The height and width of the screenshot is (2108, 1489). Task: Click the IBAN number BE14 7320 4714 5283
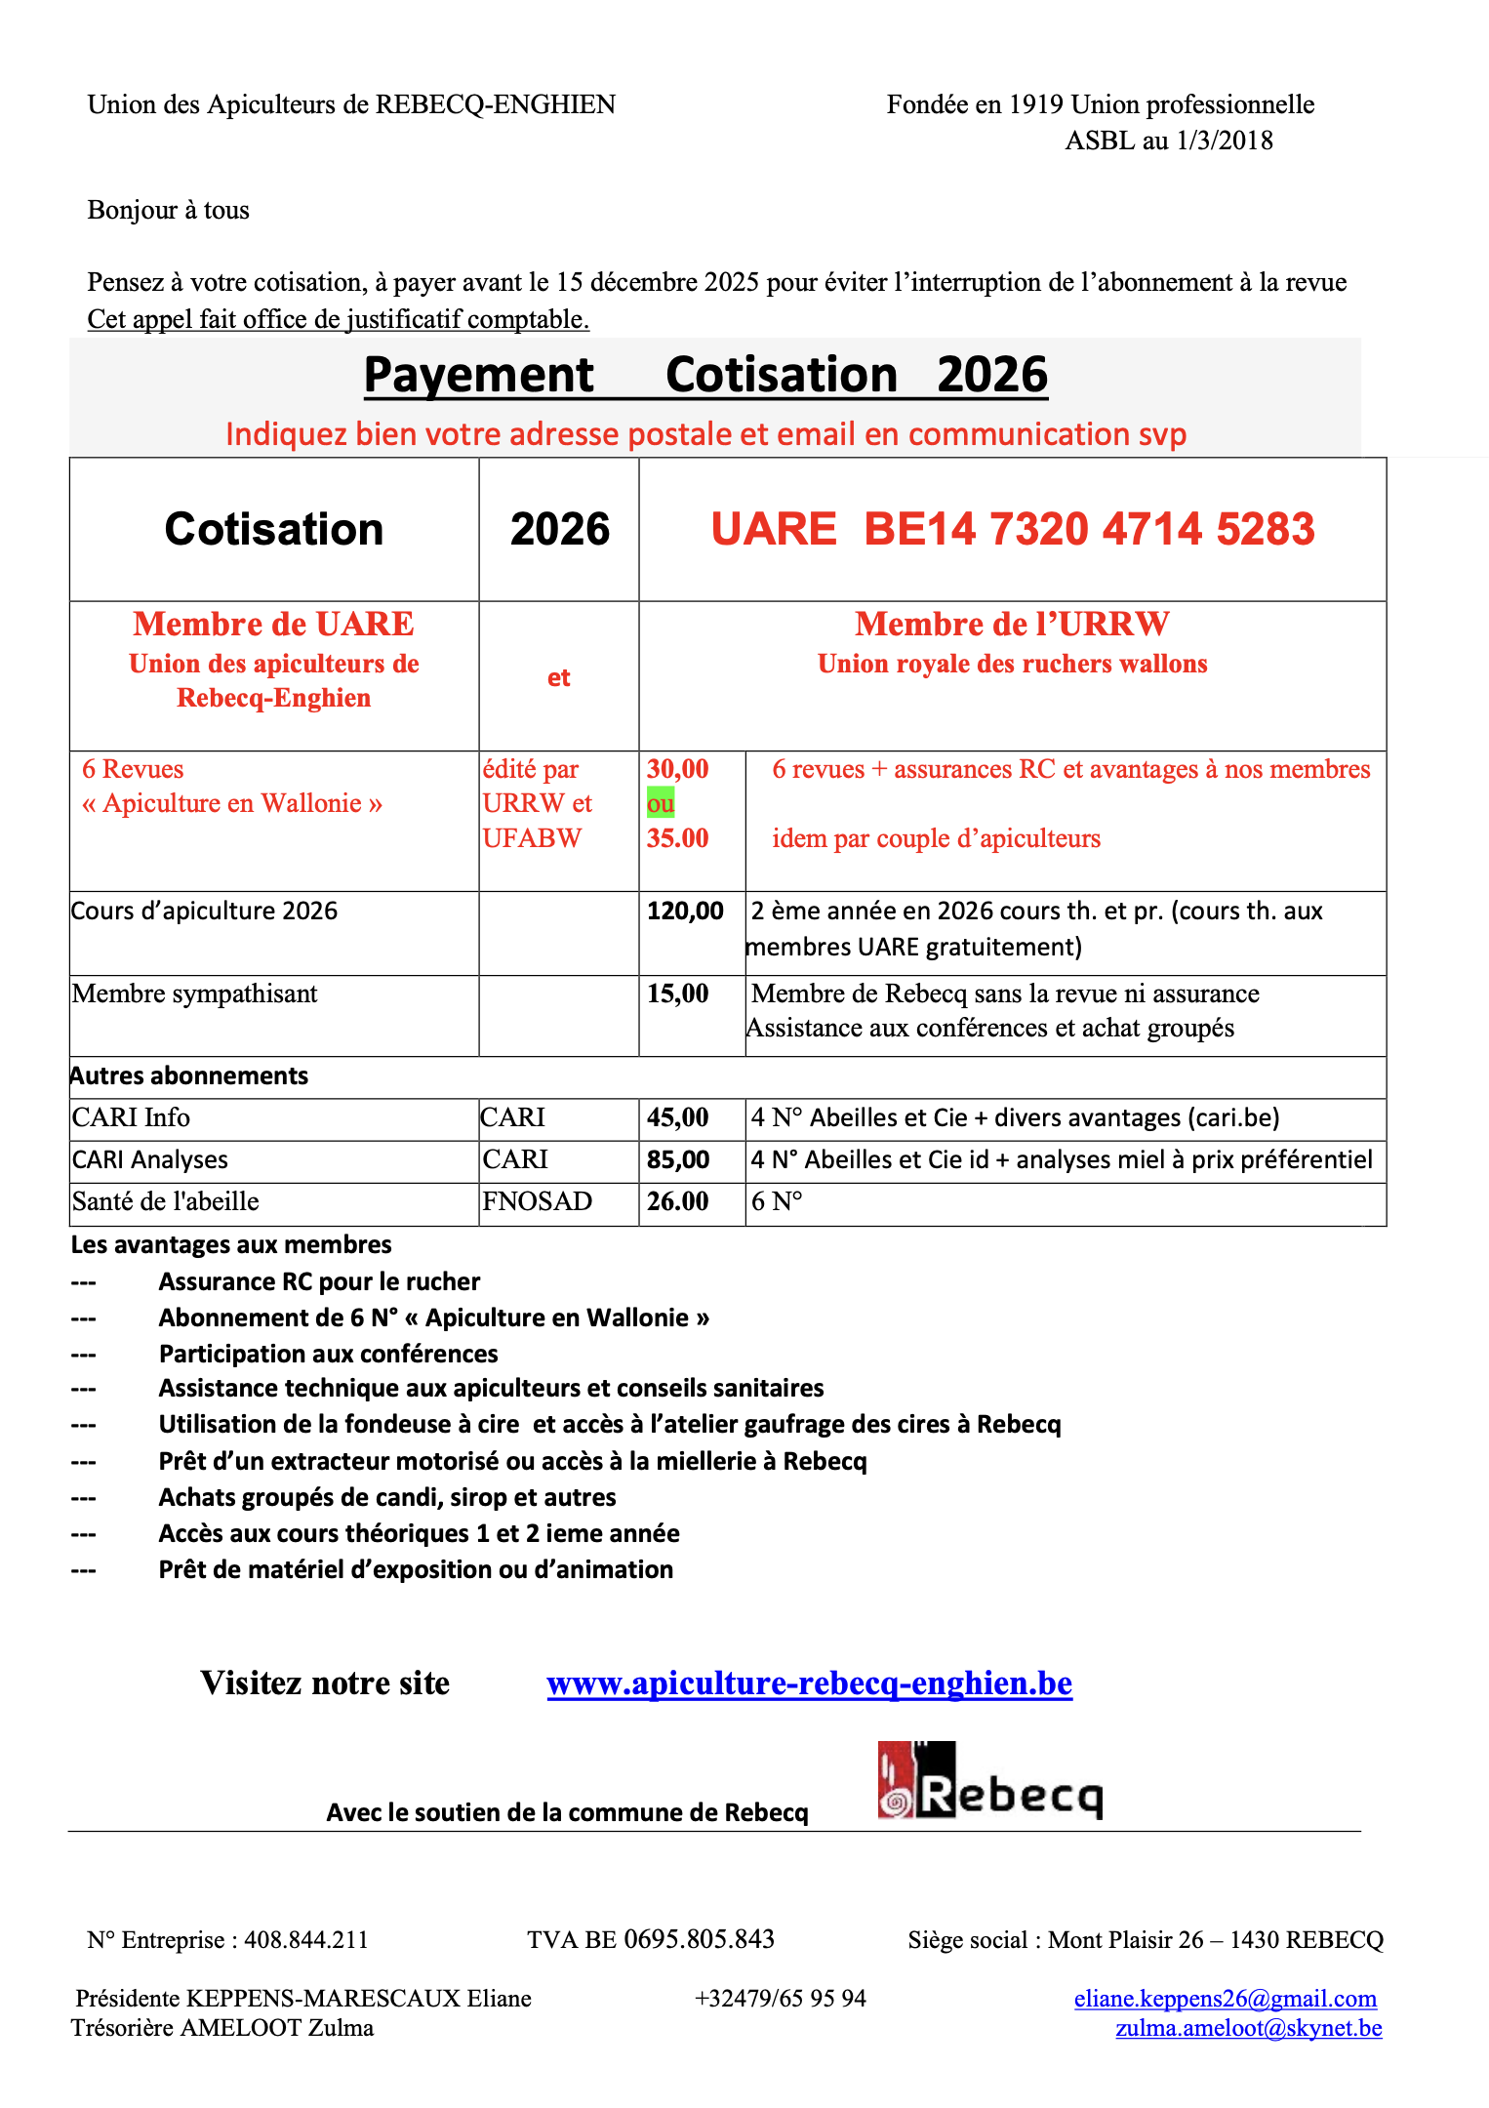(1089, 529)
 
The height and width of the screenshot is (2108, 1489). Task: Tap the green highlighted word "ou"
(661, 803)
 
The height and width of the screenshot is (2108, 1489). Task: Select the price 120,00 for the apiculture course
(685, 911)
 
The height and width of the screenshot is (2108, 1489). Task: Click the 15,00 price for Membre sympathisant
(677, 993)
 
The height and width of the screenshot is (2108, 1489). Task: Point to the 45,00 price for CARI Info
(677, 1117)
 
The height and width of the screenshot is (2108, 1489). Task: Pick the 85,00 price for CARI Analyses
(677, 1159)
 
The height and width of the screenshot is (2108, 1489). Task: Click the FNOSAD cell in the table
(537, 1201)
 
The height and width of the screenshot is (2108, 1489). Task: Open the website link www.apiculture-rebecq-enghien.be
(809, 1683)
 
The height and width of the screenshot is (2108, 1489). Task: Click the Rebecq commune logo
(989, 1781)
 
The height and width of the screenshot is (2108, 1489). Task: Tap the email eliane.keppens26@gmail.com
(1225, 1999)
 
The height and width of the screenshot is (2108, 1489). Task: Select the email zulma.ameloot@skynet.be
(1248, 2028)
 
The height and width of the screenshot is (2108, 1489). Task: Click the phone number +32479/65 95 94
(780, 1999)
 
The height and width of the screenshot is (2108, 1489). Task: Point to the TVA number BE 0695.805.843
(651, 1939)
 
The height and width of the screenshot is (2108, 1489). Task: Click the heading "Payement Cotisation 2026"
(705, 376)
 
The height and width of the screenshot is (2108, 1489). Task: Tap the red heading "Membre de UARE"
(273, 624)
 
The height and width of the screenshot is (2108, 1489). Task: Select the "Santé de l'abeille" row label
(165, 1201)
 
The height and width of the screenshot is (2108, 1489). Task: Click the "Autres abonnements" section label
(189, 1075)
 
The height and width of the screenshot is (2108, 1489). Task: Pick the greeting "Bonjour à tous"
(168, 210)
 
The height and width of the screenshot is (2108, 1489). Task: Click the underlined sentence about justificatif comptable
(338, 319)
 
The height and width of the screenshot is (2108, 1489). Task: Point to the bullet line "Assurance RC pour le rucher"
(319, 1281)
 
